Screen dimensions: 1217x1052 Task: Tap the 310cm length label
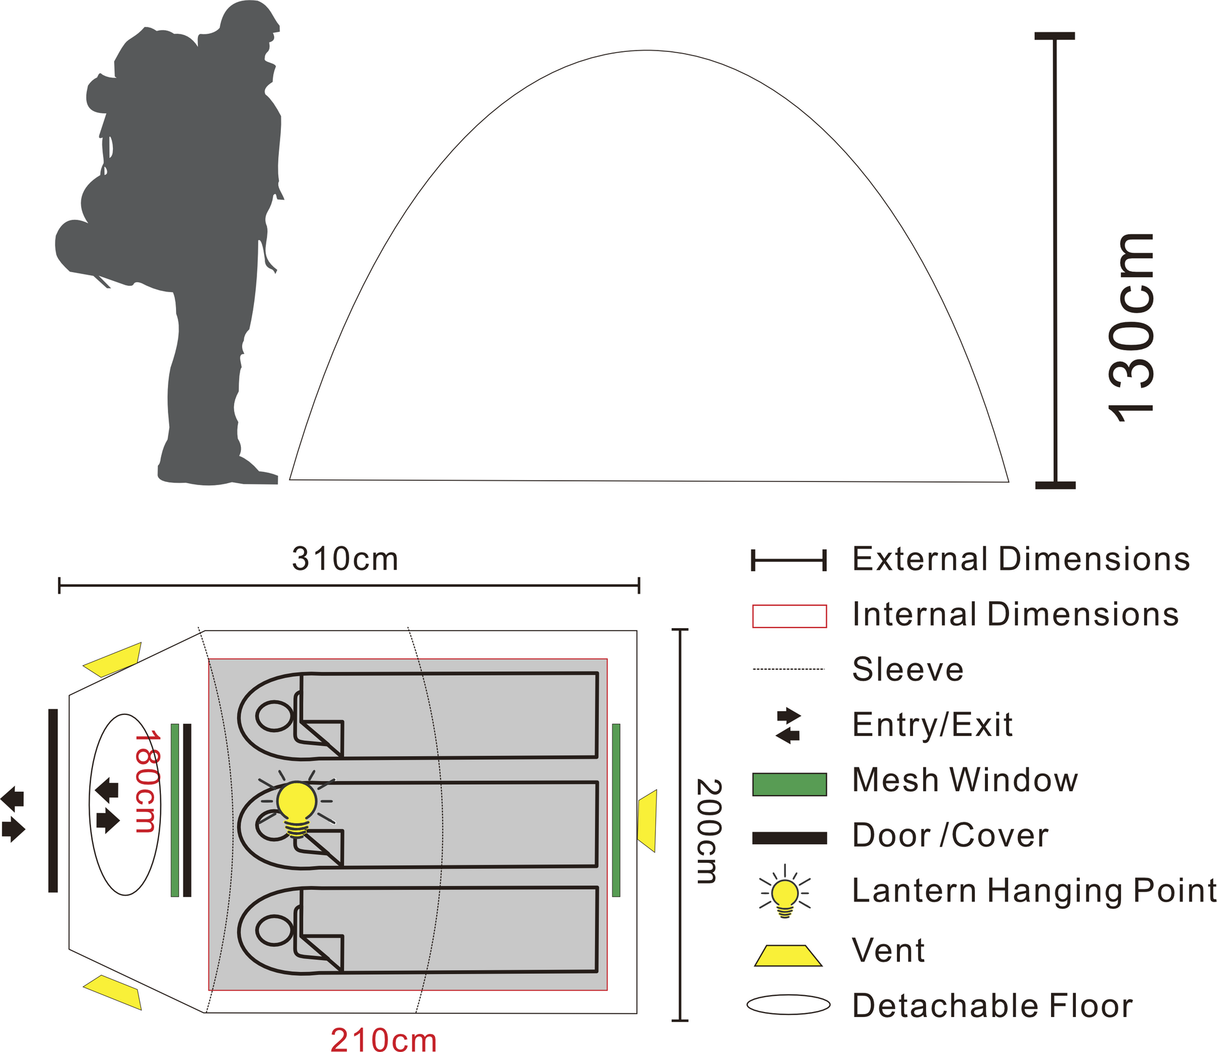[x=345, y=559]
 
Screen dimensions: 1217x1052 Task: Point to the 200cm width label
[x=709, y=831]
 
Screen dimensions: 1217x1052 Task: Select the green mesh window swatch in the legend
[x=789, y=784]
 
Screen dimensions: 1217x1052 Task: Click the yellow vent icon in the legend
[x=788, y=956]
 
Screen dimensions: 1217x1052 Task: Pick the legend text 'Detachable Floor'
[x=992, y=1006]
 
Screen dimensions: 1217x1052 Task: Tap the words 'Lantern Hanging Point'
[x=1034, y=890]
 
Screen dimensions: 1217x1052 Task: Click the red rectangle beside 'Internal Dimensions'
[x=789, y=616]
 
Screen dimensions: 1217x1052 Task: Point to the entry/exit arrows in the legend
[x=788, y=725]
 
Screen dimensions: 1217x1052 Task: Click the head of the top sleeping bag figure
[x=275, y=716]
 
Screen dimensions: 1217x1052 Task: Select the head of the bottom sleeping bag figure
[x=275, y=930]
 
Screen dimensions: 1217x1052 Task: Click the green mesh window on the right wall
[x=617, y=810]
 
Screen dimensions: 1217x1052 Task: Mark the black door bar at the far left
[x=53, y=800]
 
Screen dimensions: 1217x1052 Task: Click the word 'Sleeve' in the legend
[x=908, y=669]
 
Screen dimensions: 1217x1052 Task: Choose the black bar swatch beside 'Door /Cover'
[x=789, y=838]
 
